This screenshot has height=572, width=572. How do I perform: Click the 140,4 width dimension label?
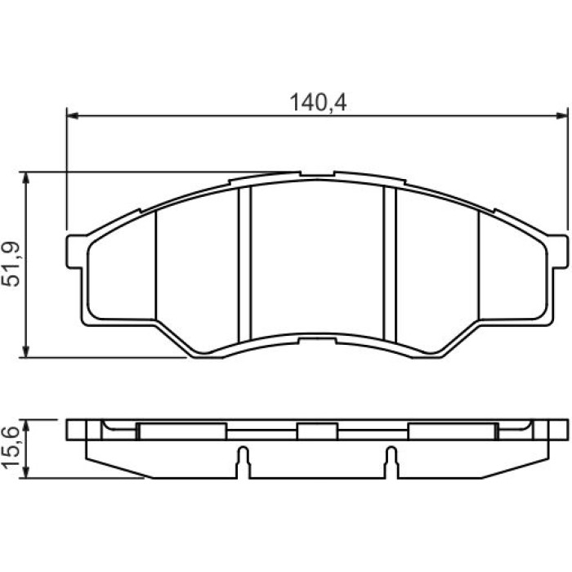pos(318,102)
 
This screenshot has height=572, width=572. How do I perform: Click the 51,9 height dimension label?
pos(11,264)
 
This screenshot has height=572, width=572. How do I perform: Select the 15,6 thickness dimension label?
pos(11,449)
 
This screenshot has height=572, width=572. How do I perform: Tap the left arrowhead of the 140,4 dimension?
pos(73,116)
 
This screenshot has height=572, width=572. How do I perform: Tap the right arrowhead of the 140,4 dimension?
pos(562,116)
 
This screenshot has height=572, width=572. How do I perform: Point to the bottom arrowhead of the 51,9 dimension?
pos(25,351)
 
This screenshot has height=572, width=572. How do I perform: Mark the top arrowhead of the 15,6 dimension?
pos(25,426)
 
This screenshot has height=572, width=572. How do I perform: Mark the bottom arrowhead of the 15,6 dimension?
pos(25,472)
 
